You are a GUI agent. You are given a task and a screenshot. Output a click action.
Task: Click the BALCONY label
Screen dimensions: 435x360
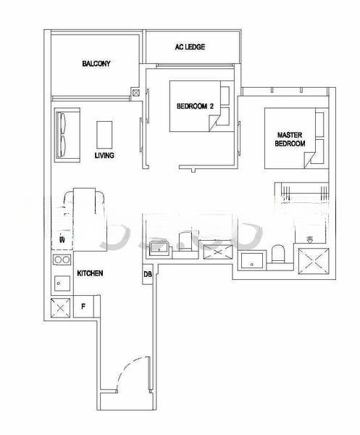tap(96, 64)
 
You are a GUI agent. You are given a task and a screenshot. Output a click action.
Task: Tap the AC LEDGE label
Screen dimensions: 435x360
tap(190, 47)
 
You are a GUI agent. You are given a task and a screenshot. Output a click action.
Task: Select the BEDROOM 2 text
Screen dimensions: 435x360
tap(196, 107)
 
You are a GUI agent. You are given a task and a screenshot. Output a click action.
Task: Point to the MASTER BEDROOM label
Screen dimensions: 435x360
tap(290, 139)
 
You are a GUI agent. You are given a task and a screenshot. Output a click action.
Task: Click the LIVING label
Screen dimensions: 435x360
tap(104, 155)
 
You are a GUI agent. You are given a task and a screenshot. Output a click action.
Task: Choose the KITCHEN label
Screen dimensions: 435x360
tap(90, 273)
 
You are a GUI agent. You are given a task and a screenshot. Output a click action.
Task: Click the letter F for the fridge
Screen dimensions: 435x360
tap(83, 306)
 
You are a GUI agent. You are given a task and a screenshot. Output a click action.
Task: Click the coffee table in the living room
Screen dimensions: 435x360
tap(105, 133)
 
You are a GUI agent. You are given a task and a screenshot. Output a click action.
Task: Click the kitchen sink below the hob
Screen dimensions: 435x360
tap(60, 282)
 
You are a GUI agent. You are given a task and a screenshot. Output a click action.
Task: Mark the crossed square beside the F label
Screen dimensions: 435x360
tap(60, 307)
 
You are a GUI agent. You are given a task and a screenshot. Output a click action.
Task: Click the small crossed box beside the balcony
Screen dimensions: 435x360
tap(135, 93)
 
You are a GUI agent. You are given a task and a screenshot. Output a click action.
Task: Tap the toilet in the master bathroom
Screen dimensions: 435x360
tap(277, 254)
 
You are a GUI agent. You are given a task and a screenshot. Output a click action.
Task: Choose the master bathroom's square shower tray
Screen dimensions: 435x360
tap(315, 258)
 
